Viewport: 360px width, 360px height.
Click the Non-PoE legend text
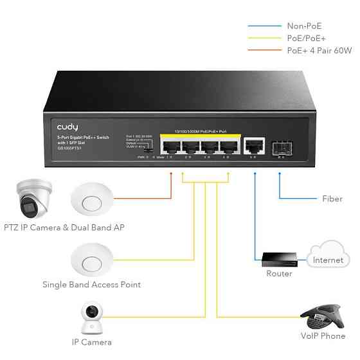tap(304, 26)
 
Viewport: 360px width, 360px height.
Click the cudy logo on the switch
tap(67, 127)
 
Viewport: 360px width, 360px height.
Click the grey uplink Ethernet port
tap(255, 144)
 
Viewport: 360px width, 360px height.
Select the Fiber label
tap(332, 199)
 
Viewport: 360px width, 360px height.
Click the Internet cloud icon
tap(328, 256)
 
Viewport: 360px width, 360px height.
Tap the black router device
tap(278, 258)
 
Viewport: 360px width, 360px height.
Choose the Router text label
tap(279, 274)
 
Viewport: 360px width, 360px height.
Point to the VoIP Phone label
tap(323, 336)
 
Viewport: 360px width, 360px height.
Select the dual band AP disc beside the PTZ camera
tap(91, 199)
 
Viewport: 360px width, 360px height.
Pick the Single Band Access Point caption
tap(91, 284)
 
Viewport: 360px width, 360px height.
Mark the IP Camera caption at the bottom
tap(91, 343)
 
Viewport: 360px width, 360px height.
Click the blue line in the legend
tap(264, 26)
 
